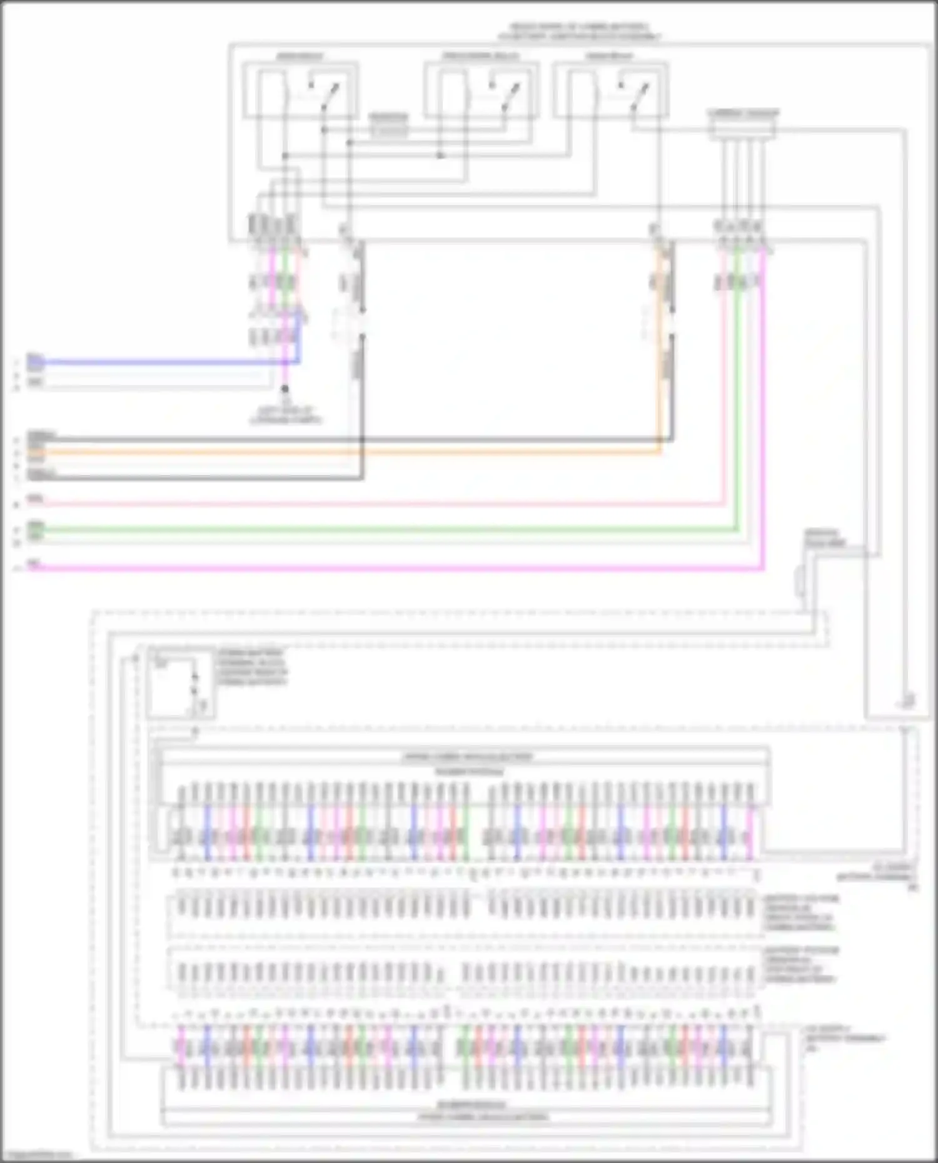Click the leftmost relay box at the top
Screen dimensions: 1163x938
pos(300,91)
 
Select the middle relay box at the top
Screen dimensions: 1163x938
pos(480,91)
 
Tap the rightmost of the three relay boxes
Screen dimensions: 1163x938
pos(610,91)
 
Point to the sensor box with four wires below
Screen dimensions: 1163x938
pos(742,130)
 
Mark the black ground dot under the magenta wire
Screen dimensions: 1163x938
pos(285,389)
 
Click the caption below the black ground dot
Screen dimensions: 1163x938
pos(286,416)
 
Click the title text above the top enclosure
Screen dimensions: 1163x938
pos(579,32)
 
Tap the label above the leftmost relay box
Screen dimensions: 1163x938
pos(300,56)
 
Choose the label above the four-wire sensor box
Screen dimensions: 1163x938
pos(744,114)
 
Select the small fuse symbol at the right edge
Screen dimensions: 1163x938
pos(800,581)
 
